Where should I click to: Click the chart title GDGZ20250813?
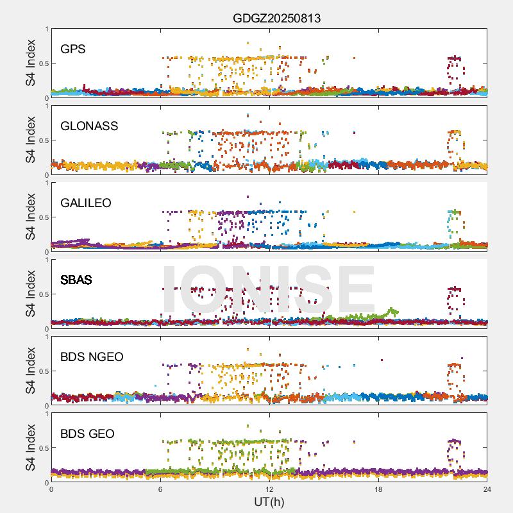point(276,18)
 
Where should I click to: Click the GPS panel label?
point(73,49)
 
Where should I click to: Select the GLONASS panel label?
point(89,126)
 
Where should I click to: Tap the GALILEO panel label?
point(85,203)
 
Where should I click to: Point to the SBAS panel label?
point(76,280)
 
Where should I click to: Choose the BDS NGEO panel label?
point(92,357)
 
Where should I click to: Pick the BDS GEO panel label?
point(87,434)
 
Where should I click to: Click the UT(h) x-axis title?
point(269,501)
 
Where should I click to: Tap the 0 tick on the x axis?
point(51,489)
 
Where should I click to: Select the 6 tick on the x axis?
point(160,489)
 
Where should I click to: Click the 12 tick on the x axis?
point(269,489)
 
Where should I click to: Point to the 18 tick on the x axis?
point(378,489)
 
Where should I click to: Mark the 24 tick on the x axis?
point(487,489)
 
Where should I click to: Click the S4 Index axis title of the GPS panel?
point(31,63)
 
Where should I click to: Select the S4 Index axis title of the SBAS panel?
point(31,294)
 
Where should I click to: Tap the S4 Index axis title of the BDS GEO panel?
point(31,448)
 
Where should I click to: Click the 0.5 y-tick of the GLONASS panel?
point(42,140)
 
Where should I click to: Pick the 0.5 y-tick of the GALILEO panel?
point(42,217)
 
